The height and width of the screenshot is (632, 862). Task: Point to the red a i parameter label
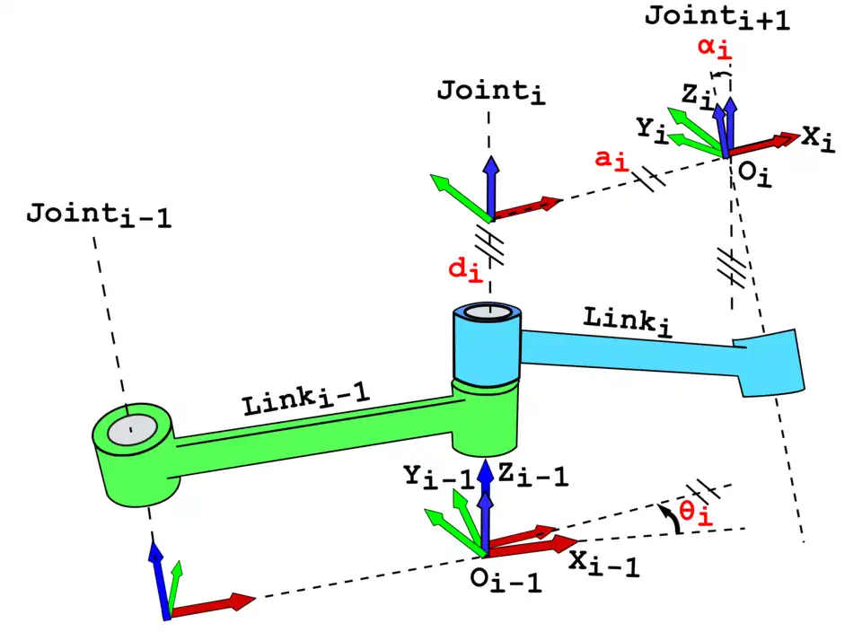611,159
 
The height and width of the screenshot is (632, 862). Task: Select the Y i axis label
652,127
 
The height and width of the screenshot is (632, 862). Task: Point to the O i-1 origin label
506,579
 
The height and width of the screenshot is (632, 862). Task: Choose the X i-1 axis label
603,564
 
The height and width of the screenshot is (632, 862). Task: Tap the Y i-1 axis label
438,477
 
